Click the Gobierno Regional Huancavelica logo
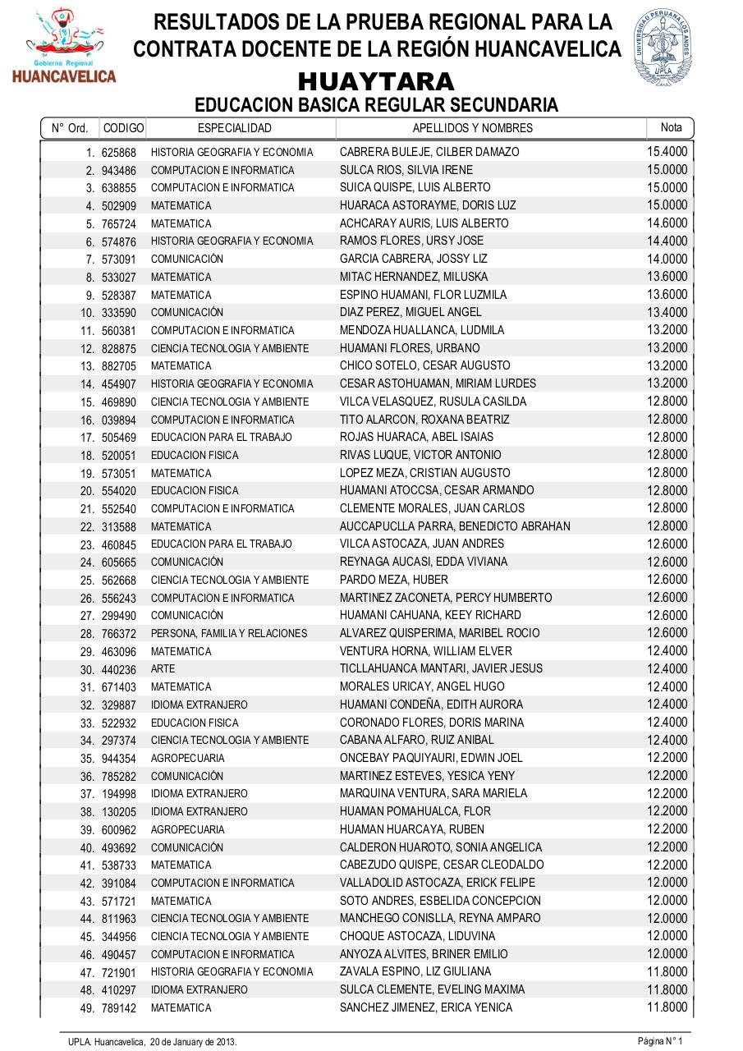tap(63, 46)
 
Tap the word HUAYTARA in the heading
tap(376, 82)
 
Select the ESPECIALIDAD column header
tap(235, 128)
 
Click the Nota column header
tap(671, 127)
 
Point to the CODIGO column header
tap(123, 128)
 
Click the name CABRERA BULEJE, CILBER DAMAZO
tap(429, 152)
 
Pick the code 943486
tap(119, 171)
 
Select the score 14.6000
tap(667, 223)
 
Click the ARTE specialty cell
tap(163, 669)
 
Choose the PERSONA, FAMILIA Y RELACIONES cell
tap(229, 633)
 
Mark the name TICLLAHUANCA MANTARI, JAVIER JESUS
tap(441, 668)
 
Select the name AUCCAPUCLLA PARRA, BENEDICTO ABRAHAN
tap(455, 526)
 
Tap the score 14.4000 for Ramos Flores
tap(667, 241)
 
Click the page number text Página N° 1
tap(660, 1041)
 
